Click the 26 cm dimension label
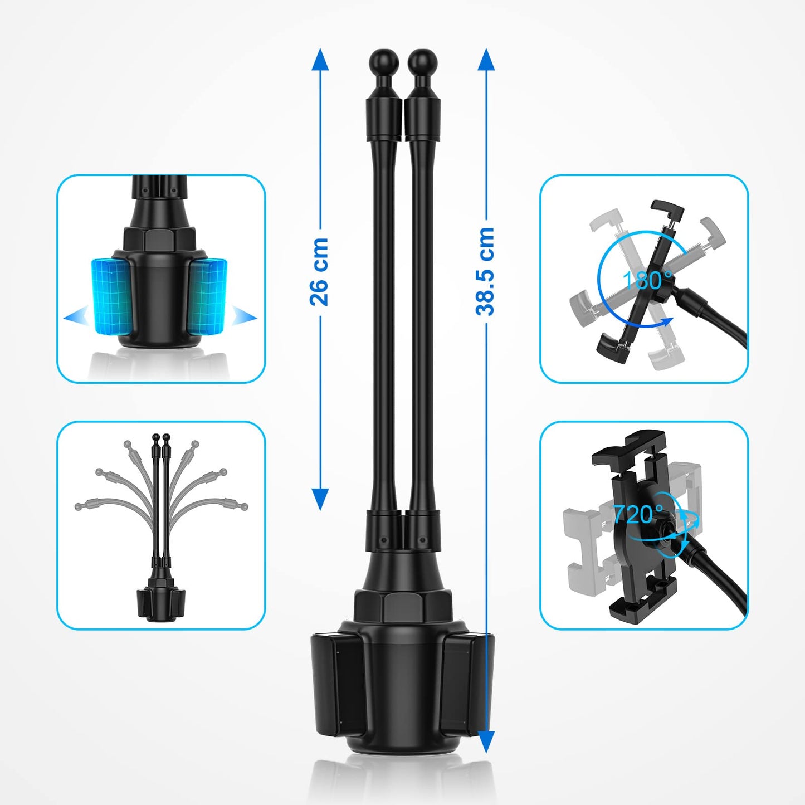pyautogui.click(x=319, y=272)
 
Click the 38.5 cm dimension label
pyautogui.click(x=485, y=271)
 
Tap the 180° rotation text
pyautogui.click(x=647, y=280)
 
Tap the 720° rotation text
pyautogui.click(x=637, y=514)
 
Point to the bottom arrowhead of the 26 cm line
pyautogui.click(x=320, y=500)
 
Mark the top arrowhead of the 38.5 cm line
pyautogui.click(x=485, y=59)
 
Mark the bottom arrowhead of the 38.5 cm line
pyautogui.click(x=485, y=742)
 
